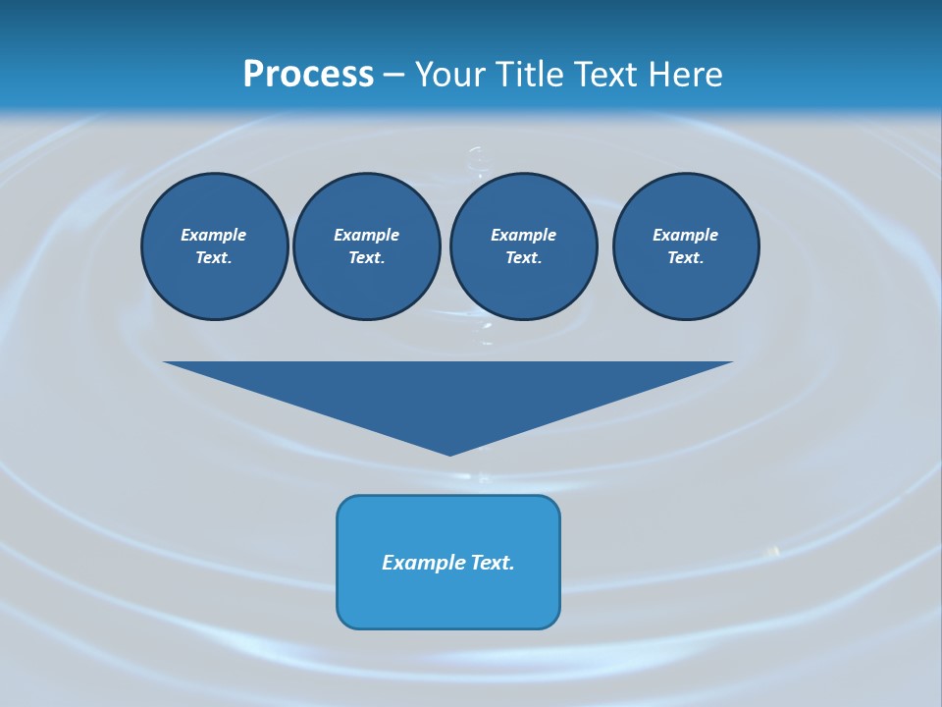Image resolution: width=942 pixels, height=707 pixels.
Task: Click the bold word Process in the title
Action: (x=308, y=75)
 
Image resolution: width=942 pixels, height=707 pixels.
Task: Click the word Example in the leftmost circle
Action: (x=214, y=235)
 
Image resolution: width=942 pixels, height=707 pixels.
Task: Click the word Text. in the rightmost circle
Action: (x=685, y=257)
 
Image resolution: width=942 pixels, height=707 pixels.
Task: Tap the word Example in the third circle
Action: (x=523, y=235)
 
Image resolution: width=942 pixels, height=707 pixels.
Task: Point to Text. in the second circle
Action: (x=366, y=257)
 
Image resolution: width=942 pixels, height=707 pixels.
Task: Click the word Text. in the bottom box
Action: (x=493, y=563)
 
